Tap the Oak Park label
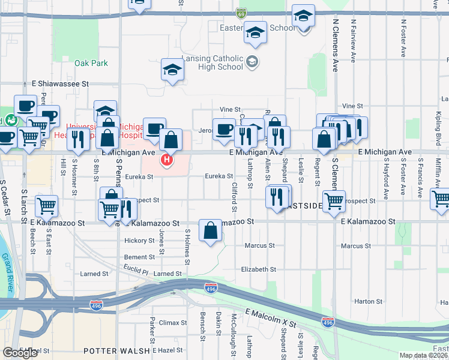[x=91, y=63]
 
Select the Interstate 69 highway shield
[x=241, y=13]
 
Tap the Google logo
[x=20, y=353]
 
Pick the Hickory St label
[x=139, y=241]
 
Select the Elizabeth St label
[x=258, y=270]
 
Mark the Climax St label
[x=173, y=323]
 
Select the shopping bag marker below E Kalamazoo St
[x=211, y=230]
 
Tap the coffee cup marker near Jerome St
[x=224, y=129]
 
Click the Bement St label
[x=139, y=257]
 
